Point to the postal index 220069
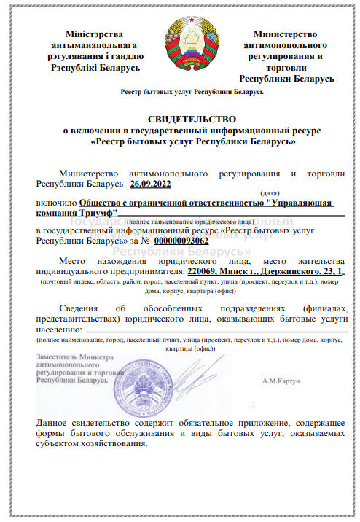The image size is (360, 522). pos(202,271)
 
